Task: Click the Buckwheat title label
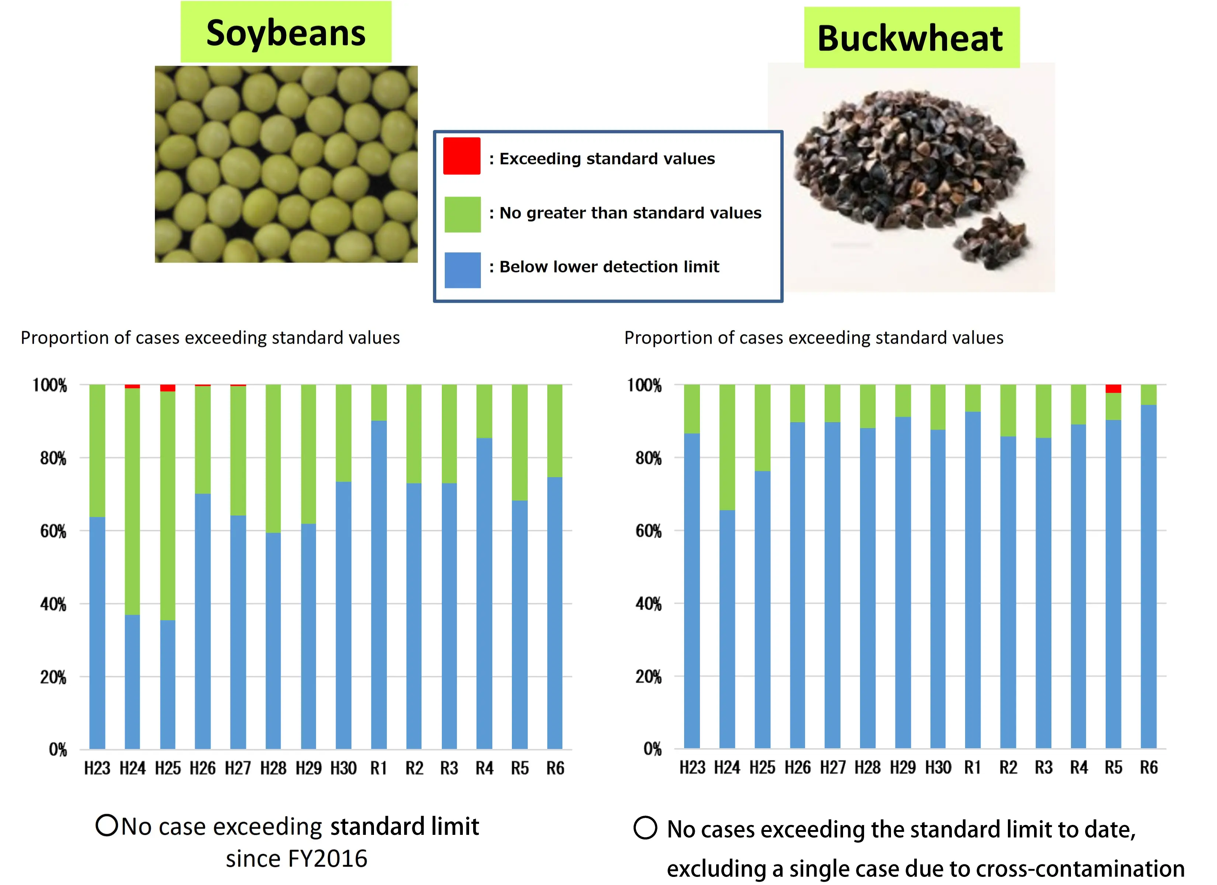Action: (910, 39)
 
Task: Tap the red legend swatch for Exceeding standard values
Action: (461, 156)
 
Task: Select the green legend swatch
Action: (462, 214)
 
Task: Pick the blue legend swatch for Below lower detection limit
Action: (462, 270)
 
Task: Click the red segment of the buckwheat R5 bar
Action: (1113, 389)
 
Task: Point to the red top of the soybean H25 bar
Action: (167, 388)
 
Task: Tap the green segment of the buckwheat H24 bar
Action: (727, 447)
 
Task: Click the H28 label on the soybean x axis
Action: (273, 768)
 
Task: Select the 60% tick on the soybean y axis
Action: (53, 531)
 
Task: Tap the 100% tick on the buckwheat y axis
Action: (644, 385)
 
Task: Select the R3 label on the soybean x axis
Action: (449, 768)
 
